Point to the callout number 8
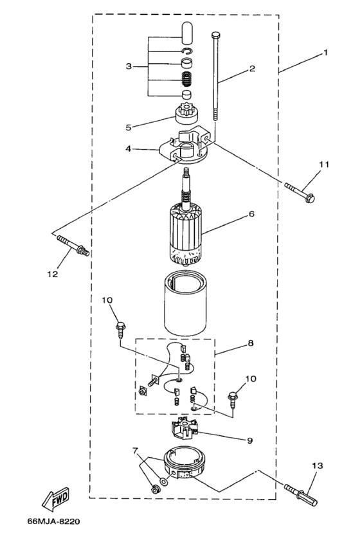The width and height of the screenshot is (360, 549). [251, 343]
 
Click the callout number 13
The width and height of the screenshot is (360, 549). [318, 464]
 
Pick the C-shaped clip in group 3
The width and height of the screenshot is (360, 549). [187, 52]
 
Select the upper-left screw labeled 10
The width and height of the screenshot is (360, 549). [121, 324]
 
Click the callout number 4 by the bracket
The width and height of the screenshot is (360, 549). [128, 148]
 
